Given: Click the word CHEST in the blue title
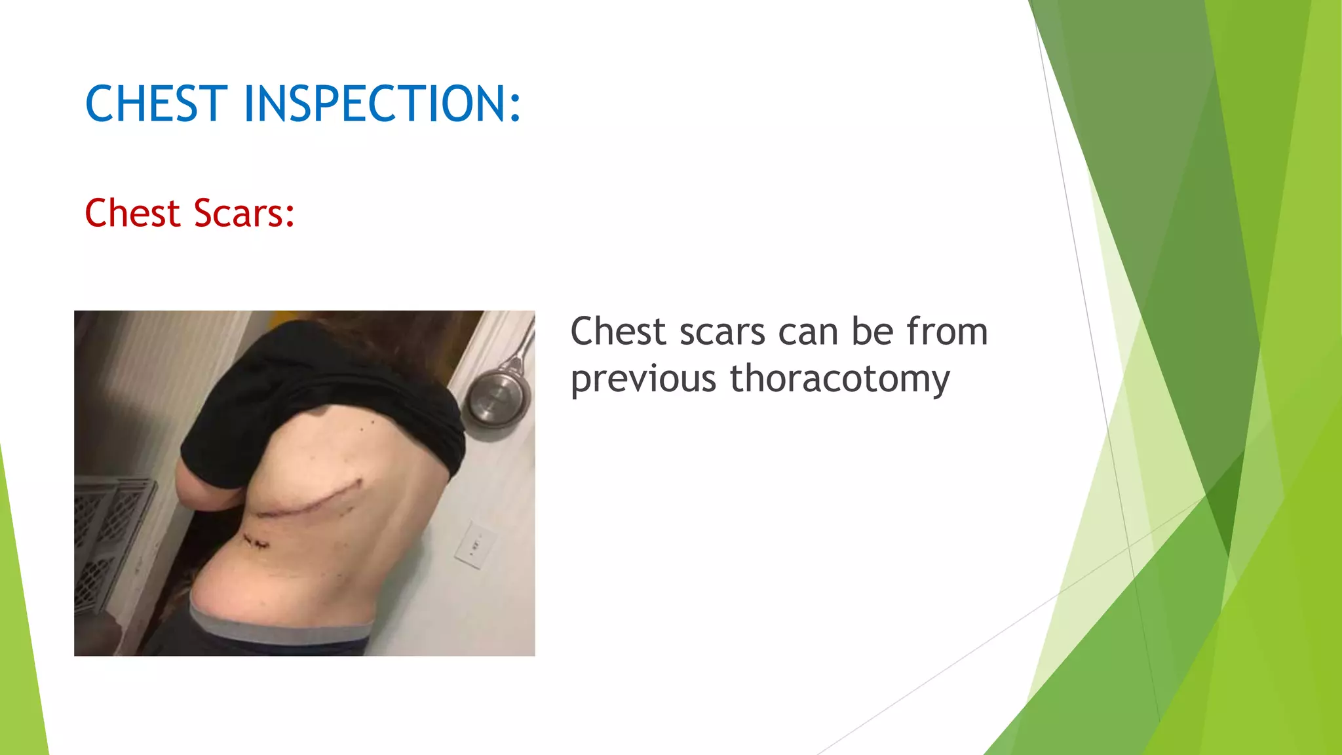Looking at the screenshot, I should tap(156, 104).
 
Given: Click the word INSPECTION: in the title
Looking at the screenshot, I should tap(382, 104).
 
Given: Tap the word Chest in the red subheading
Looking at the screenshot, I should tap(132, 214).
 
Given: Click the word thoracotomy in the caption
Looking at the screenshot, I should tap(839, 379).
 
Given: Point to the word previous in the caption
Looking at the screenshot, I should tap(643, 379).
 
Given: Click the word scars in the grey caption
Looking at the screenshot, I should tap(722, 332).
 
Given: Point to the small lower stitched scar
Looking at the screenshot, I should tap(256, 542).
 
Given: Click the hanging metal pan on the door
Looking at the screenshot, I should tap(496, 398).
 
